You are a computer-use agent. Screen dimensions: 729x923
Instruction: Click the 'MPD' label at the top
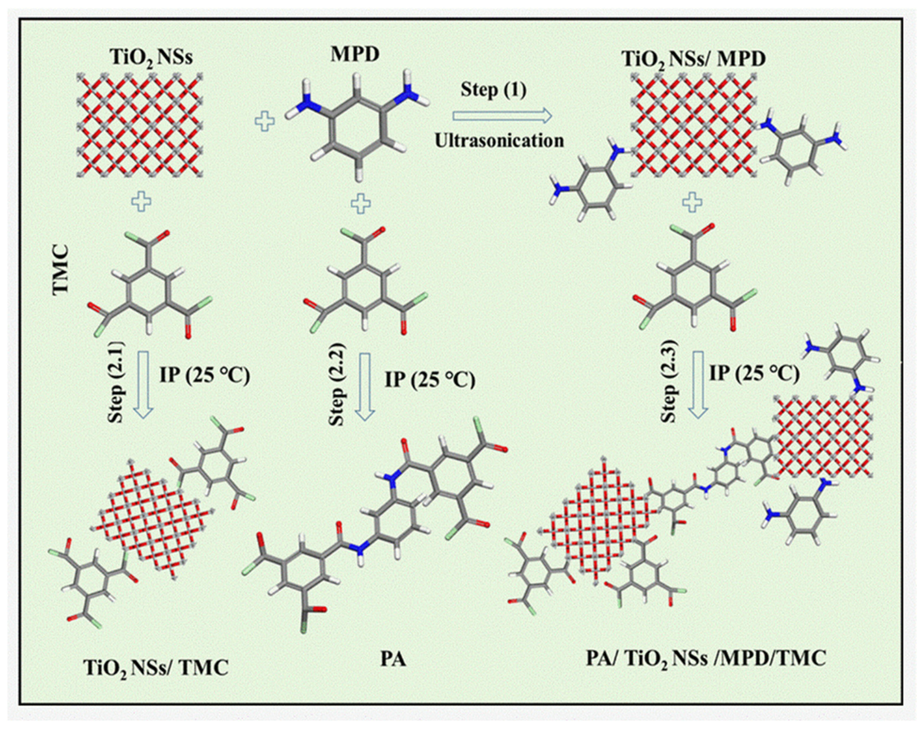[x=360, y=55]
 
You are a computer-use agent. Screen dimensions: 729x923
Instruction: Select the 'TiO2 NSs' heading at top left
[x=151, y=58]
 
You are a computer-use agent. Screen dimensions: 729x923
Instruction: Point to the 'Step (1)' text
[x=493, y=90]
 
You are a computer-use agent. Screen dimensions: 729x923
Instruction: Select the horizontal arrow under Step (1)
[x=502, y=115]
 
